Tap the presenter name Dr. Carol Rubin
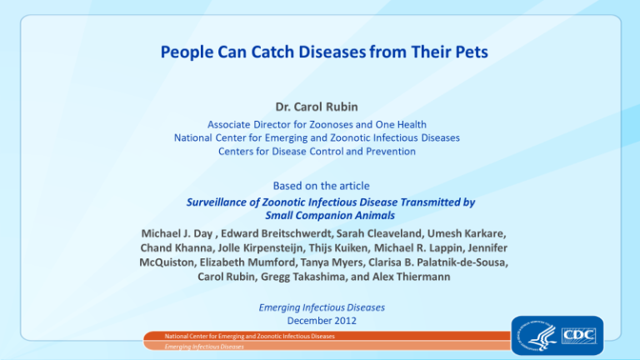tap(317, 107)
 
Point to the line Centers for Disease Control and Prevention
tap(317, 152)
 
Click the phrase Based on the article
tap(321, 186)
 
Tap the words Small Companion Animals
tap(330, 216)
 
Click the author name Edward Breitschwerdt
tap(276, 233)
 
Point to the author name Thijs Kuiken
tap(337, 247)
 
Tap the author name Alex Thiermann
tap(411, 277)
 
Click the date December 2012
tap(322, 321)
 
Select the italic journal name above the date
tap(322, 307)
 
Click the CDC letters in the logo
tap(579, 336)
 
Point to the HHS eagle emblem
tap(537, 336)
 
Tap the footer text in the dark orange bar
tap(249, 337)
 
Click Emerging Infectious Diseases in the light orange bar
tap(204, 347)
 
